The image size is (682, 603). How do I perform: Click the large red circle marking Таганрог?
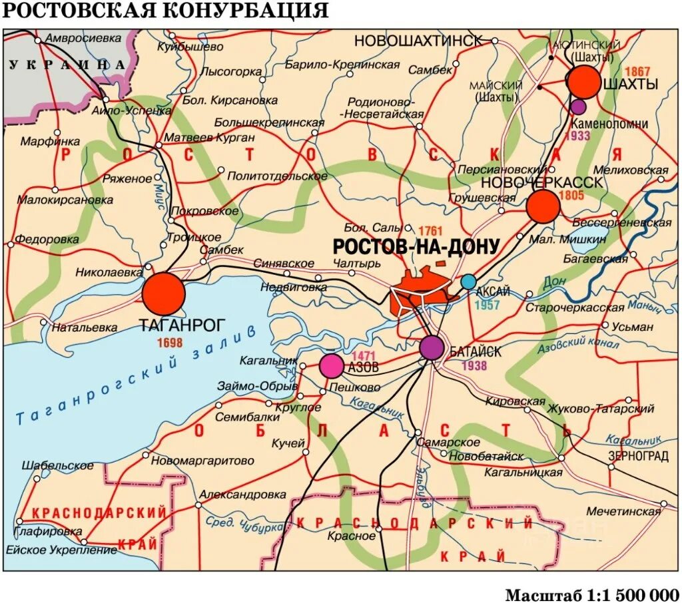coord(163,294)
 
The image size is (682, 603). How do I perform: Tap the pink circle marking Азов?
coord(331,365)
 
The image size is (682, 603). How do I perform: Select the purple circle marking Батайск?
coord(432,347)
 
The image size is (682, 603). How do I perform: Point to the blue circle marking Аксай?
coord(469,282)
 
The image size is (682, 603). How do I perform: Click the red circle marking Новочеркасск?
coord(543,206)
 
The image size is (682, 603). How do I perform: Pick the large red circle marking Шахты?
coord(584,82)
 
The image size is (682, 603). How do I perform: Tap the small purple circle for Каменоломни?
coord(578,106)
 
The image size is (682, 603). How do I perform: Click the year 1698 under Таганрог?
coord(170,343)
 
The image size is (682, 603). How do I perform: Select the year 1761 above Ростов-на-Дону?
coord(427,228)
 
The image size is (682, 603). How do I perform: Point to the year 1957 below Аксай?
coord(487,305)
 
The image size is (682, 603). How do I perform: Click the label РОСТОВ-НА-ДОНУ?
coord(416,247)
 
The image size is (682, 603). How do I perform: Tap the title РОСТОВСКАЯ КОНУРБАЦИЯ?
coord(166,11)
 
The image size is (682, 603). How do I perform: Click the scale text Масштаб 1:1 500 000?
coord(591,594)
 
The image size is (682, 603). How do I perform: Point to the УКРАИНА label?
coord(67,65)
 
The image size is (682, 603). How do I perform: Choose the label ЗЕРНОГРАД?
coord(638,457)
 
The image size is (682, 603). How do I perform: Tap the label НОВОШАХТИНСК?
coord(418,41)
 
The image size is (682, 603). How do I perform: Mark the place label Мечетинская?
coord(623,511)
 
